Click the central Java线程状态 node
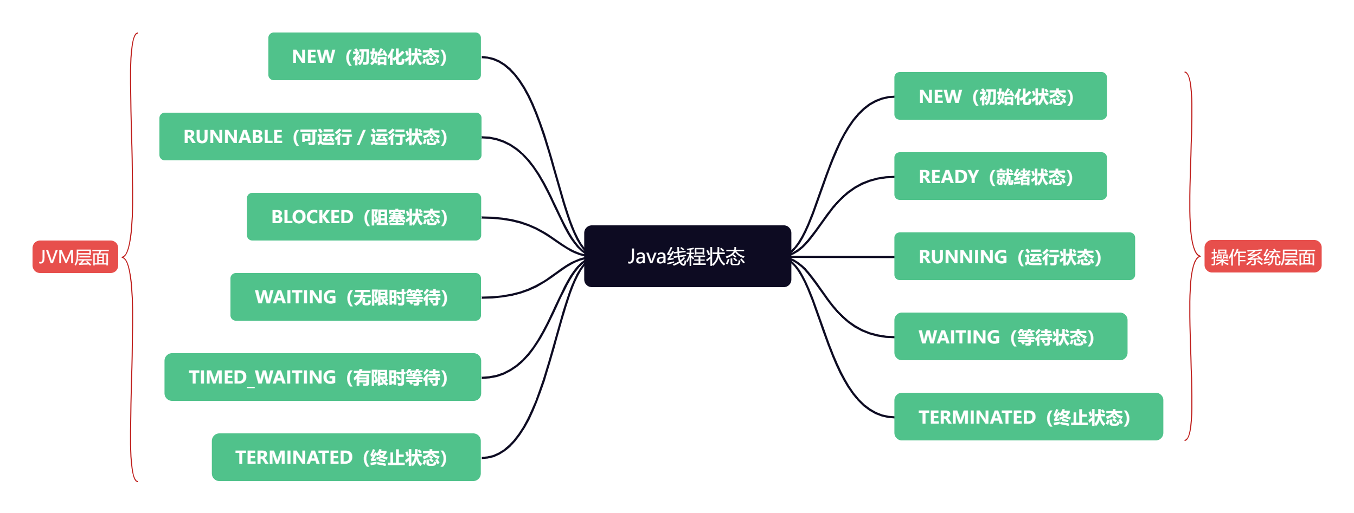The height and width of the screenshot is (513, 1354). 687,256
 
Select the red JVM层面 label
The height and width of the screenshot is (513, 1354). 75,257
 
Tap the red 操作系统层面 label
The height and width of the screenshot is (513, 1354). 1262,257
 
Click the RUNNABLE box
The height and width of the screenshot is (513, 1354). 320,137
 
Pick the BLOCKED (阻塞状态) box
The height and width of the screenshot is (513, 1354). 363,217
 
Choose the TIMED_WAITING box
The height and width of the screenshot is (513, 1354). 322,377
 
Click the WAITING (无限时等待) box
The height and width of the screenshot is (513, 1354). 355,297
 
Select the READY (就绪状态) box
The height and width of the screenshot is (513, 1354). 1000,177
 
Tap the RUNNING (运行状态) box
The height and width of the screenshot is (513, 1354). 1014,257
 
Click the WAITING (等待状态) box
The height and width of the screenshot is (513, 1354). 1010,337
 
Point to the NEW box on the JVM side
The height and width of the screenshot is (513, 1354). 374,56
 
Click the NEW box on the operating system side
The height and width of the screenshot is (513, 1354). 1000,96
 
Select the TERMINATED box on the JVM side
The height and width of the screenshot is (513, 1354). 346,457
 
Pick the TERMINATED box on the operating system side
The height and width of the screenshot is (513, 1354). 1028,417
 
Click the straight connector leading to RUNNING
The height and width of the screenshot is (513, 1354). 846,257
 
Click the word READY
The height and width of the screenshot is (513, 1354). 948,177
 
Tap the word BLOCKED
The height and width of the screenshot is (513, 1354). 312,217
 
